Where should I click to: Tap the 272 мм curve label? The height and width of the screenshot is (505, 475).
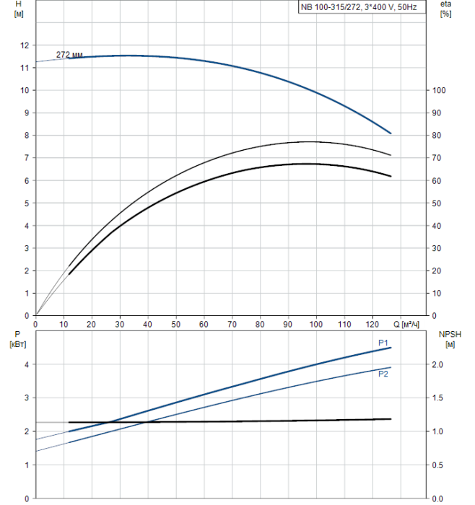[x=69, y=55]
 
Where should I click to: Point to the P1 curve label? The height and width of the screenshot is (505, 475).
[x=383, y=342]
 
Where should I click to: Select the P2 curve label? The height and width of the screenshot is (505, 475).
[x=383, y=373]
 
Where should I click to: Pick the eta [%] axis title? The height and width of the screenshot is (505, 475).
[x=445, y=9]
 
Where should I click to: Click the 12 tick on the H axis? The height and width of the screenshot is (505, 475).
[x=25, y=45]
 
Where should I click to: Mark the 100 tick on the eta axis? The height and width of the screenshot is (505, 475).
[x=435, y=90]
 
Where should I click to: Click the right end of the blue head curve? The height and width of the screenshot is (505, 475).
[x=391, y=133]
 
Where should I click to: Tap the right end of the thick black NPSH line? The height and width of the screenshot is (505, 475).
[x=391, y=419]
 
